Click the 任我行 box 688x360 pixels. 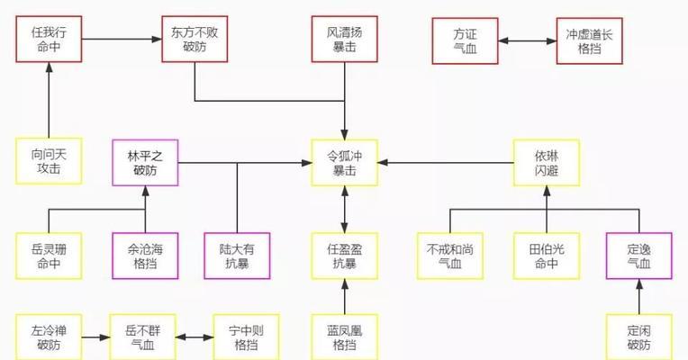[x=49, y=39]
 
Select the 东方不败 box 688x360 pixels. [x=195, y=39]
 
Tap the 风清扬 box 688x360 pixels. [x=344, y=39]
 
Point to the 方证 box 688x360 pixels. [x=465, y=40]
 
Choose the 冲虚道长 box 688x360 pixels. [x=589, y=40]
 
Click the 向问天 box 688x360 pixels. [x=49, y=161]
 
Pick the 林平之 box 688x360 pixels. [x=145, y=163]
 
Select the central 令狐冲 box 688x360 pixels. [x=344, y=163]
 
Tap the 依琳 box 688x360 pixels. [x=547, y=163]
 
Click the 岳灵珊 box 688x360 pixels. [x=49, y=256]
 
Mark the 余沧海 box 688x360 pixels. [x=145, y=256]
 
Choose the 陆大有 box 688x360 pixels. [x=237, y=256]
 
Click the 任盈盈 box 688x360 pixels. [x=344, y=256]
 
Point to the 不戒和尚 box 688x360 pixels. [x=450, y=256]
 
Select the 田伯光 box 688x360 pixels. [x=547, y=256]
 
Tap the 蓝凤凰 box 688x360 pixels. [x=344, y=337]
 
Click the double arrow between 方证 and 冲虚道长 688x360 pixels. [x=528, y=41]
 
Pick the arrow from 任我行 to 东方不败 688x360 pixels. [x=122, y=39]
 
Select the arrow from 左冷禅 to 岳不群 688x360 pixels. [x=96, y=337]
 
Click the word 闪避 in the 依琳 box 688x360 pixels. [x=547, y=170]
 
